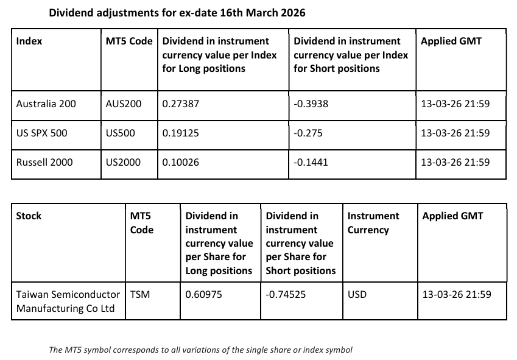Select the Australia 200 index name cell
pos(46,104)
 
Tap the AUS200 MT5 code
pos(123,104)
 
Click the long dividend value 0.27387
pos(180,104)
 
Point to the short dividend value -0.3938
pos(311,104)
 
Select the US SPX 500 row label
pos(42,133)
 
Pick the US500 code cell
pos(121,133)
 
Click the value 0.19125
pos(180,133)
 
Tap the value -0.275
pos(308,133)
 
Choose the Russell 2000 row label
pos(44,162)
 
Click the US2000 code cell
pos(123,162)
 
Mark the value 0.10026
pos(180,162)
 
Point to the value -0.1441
pos(311,162)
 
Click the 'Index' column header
pos(29,41)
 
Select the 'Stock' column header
pos(29,216)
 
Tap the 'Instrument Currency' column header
pos(373,223)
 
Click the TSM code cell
pos(140,294)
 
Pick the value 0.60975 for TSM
pos(203,294)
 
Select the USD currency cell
pos(357,294)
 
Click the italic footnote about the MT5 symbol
pos(200,350)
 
